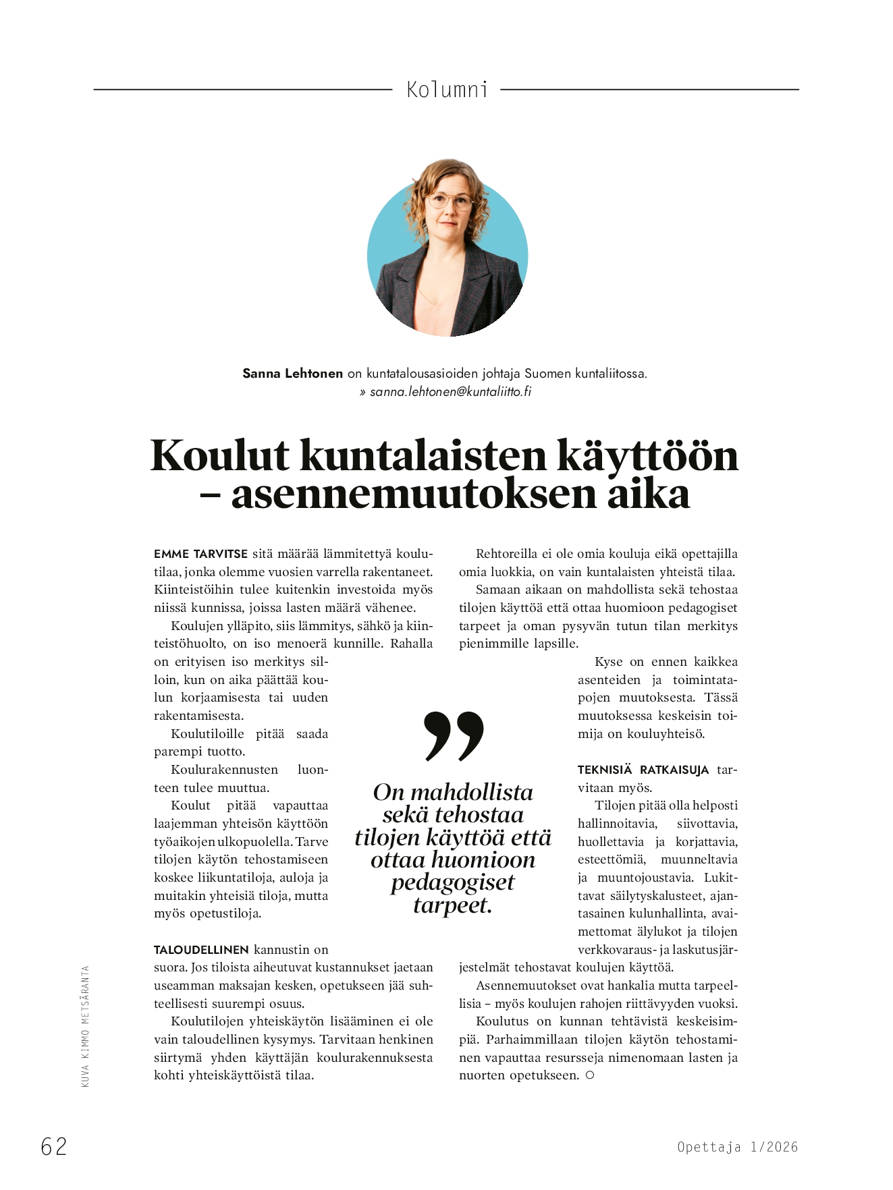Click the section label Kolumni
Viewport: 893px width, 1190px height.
click(x=447, y=89)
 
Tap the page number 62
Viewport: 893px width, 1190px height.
click(x=54, y=1146)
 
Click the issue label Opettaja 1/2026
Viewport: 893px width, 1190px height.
click(x=737, y=1147)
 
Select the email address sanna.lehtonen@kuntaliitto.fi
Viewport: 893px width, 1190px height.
click(x=450, y=391)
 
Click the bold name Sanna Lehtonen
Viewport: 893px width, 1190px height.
click(x=292, y=373)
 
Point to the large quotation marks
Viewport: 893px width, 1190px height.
click(x=454, y=735)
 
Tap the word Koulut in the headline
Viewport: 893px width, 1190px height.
click(x=220, y=456)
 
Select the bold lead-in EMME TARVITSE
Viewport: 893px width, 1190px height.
click(x=200, y=554)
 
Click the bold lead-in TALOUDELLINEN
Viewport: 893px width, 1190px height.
click(x=201, y=950)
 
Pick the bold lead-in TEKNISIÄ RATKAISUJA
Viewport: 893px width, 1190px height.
click(x=643, y=770)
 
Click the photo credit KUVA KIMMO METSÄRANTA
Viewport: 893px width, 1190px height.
click(x=85, y=1026)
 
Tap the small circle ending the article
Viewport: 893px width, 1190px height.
click(x=589, y=1075)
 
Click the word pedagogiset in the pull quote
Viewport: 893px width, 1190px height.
click(x=452, y=882)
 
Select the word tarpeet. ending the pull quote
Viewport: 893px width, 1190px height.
click(x=452, y=905)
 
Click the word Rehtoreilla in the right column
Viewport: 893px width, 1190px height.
click(x=506, y=554)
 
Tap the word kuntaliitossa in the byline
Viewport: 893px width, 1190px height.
click(x=610, y=373)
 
